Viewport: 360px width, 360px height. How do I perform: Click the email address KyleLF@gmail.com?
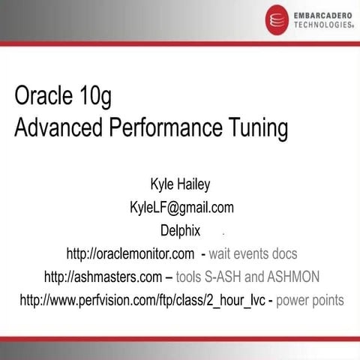click(x=181, y=207)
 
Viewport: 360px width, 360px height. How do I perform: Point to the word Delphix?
click(x=180, y=230)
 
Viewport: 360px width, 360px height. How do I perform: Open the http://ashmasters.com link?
click(x=103, y=277)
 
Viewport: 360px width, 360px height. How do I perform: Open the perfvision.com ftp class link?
click(x=142, y=300)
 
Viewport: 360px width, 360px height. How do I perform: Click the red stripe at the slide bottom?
click(x=180, y=339)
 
